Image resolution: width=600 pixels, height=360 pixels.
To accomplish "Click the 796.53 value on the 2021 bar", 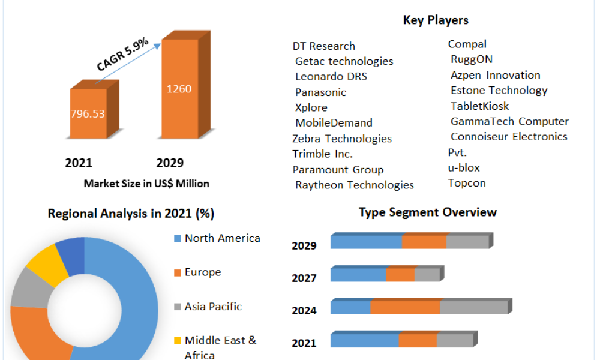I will (88, 113).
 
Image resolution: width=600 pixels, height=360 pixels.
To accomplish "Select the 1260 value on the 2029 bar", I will (179, 89).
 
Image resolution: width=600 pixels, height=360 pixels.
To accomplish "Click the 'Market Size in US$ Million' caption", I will (146, 184).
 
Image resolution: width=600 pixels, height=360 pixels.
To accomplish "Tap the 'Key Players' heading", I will (436, 20).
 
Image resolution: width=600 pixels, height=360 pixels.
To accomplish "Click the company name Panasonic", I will (320, 92).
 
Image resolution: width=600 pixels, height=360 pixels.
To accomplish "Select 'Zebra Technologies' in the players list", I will (342, 139).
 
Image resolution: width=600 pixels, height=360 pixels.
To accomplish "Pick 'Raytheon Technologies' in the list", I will (355, 185).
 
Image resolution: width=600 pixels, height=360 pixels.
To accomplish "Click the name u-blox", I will (464, 167).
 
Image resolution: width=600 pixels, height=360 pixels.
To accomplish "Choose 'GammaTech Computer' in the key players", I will (509, 121).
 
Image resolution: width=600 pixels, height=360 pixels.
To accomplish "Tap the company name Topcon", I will (467, 183).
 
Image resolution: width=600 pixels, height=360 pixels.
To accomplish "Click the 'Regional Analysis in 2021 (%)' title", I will (131, 214).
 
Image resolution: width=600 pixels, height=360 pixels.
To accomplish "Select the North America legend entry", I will (222, 238).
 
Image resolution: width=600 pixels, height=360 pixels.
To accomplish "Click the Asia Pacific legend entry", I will (213, 307).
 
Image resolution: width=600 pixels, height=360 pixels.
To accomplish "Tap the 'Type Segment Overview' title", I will (428, 212).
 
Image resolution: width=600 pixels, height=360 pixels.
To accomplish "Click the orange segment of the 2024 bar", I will (405, 308).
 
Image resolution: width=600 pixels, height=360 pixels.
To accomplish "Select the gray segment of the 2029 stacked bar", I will (467, 242).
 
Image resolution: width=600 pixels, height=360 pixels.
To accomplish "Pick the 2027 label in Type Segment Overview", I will (304, 278).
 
